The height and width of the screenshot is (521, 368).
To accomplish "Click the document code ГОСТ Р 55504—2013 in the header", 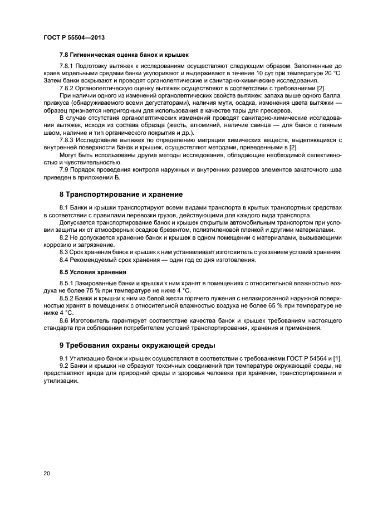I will (74, 38).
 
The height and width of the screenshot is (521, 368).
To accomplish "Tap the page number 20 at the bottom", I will (47, 474).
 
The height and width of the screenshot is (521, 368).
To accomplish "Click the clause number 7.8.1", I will (67, 67).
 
